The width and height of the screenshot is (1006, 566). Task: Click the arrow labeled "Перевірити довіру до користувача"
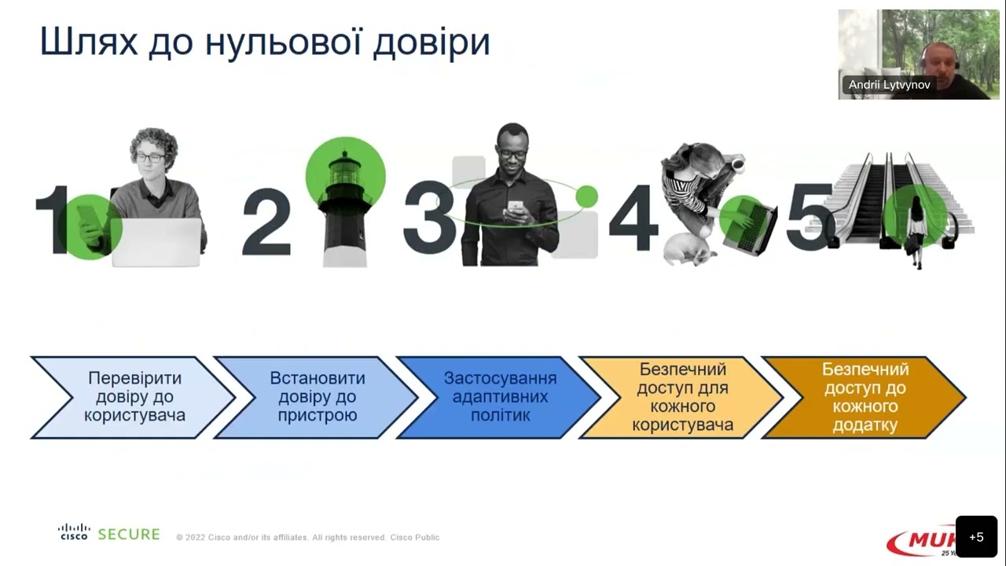[134, 397]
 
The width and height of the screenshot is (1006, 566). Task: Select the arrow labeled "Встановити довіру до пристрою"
[317, 397]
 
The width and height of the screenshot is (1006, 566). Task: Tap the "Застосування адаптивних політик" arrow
[500, 397]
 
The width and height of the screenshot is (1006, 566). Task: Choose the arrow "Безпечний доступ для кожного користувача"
[682, 397]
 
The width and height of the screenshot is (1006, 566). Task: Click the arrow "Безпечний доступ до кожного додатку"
[865, 397]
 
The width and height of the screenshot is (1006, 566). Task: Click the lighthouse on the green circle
[345, 204]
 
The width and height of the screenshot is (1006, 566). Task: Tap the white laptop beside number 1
[156, 242]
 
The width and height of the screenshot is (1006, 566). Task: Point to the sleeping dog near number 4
[688, 250]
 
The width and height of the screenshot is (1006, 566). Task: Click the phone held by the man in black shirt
[515, 207]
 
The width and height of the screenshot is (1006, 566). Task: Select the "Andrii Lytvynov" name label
[889, 85]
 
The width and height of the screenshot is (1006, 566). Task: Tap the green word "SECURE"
[129, 535]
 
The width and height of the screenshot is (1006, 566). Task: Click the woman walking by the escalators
[916, 232]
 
